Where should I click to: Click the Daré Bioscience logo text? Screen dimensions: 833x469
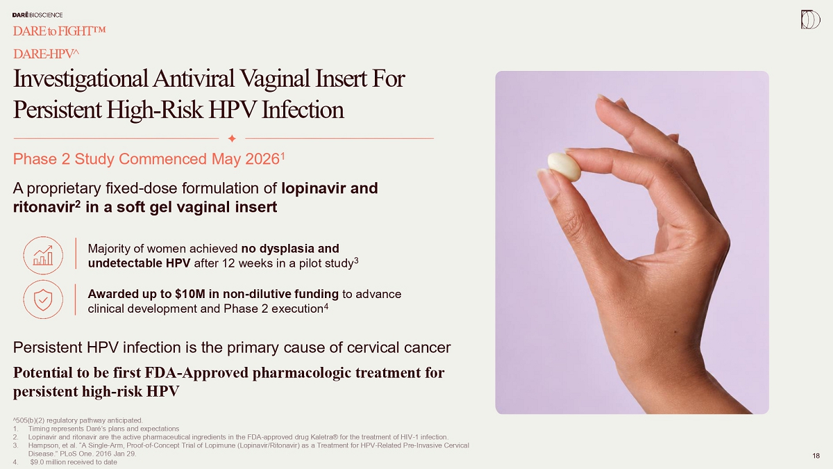[x=37, y=15]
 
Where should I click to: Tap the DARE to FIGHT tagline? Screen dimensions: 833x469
[x=60, y=31]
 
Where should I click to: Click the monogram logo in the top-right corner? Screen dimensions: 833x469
[x=810, y=19]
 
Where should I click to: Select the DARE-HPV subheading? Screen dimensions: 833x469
[x=46, y=54]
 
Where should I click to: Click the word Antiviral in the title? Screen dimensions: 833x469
[x=194, y=79]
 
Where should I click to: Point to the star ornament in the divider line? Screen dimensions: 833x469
[x=232, y=138]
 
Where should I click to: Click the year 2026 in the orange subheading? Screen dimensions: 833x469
[x=262, y=159]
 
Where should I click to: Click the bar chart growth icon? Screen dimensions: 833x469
[x=43, y=256]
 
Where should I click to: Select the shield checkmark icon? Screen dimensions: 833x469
[x=43, y=299]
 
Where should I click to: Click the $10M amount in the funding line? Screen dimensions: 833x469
[x=190, y=294]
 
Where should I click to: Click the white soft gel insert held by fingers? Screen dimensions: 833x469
[x=564, y=167]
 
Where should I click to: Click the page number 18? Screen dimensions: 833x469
[x=816, y=456]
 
